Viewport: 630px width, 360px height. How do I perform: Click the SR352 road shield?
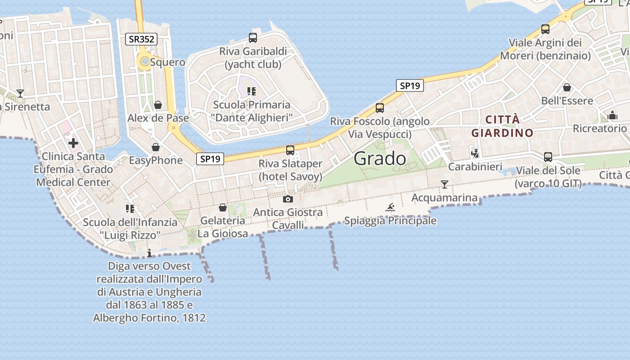tap(141, 39)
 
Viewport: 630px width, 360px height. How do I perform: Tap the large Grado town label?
tap(380, 158)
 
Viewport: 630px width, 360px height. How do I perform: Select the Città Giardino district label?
tap(502, 126)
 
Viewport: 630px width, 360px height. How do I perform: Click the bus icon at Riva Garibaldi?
tap(253, 38)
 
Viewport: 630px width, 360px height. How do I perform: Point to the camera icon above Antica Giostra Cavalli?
tap(288, 199)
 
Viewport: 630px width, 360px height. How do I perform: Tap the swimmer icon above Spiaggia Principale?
tap(390, 207)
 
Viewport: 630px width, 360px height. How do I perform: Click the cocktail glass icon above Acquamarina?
tap(445, 184)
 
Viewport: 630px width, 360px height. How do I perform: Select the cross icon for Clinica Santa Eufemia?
tap(73, 143)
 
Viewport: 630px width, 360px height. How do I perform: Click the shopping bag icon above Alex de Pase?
tap(158, 105)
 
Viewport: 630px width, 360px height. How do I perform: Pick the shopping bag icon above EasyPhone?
tap(156, 147)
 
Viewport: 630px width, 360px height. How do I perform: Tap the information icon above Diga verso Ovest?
tap(149, 253)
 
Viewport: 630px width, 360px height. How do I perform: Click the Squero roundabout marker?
tap(144, 62)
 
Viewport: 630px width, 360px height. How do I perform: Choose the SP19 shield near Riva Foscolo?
tap(410, 85)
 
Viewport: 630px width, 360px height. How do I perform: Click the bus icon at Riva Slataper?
tap(290, 150)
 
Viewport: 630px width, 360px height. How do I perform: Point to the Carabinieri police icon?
tap(475, 153)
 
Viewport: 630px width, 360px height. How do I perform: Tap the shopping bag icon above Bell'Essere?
tap(567, 87)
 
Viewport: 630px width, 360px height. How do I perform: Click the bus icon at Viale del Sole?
tap(548, 157)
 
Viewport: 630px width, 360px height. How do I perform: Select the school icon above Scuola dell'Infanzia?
tap(130, 208)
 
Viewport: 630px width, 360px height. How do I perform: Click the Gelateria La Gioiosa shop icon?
tap(222, 207)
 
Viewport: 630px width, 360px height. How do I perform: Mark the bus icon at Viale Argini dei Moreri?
tap(545, 29)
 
